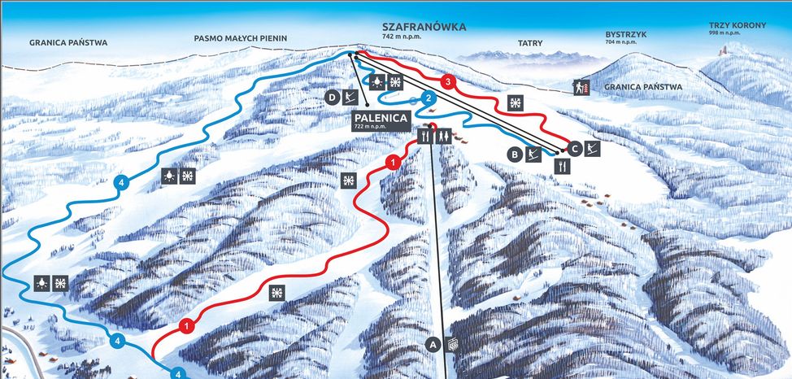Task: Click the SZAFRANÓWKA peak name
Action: pos(424,27)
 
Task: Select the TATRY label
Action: pos(530,42)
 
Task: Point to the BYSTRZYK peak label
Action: pos(626,35)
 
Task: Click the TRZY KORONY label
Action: pos(737,25)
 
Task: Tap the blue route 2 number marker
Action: pos(429,98)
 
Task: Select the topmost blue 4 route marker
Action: pos(121,182)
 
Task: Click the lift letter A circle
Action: pos(433,345)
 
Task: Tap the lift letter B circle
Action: pos(514,153)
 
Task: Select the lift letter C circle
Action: pos(574,148)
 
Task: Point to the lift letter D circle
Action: pos(332,98)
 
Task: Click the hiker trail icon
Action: pos(581,85)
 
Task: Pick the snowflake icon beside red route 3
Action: pos(515,102)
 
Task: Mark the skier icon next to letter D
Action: pos(350,98)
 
